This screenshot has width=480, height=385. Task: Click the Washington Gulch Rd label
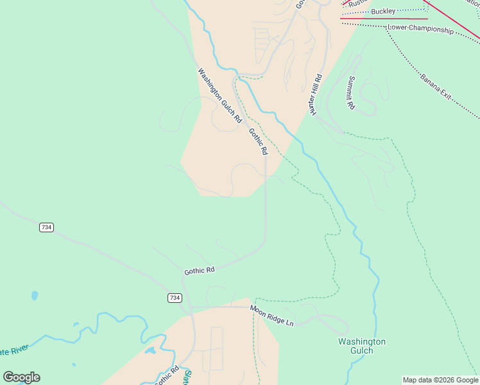219,96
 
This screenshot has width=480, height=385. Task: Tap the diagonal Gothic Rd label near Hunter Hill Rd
258,141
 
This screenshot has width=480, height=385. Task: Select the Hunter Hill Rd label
315,94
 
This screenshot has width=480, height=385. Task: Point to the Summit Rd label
351,93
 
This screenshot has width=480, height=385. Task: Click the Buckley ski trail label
383,12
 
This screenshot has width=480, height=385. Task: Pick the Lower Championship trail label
420,30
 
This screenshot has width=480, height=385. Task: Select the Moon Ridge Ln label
271,316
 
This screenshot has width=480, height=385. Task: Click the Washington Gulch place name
362,346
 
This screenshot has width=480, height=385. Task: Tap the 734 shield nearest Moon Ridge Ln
175,298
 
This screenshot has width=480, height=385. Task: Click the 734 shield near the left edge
46,227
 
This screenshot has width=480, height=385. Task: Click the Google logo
21,377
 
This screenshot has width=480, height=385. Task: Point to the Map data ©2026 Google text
440,380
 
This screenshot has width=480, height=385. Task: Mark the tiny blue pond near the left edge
34,296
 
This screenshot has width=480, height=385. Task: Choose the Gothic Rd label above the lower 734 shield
199,271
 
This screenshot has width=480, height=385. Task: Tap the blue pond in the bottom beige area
151,351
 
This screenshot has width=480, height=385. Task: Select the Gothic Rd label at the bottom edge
167,376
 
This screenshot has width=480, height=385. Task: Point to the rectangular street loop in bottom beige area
216,349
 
